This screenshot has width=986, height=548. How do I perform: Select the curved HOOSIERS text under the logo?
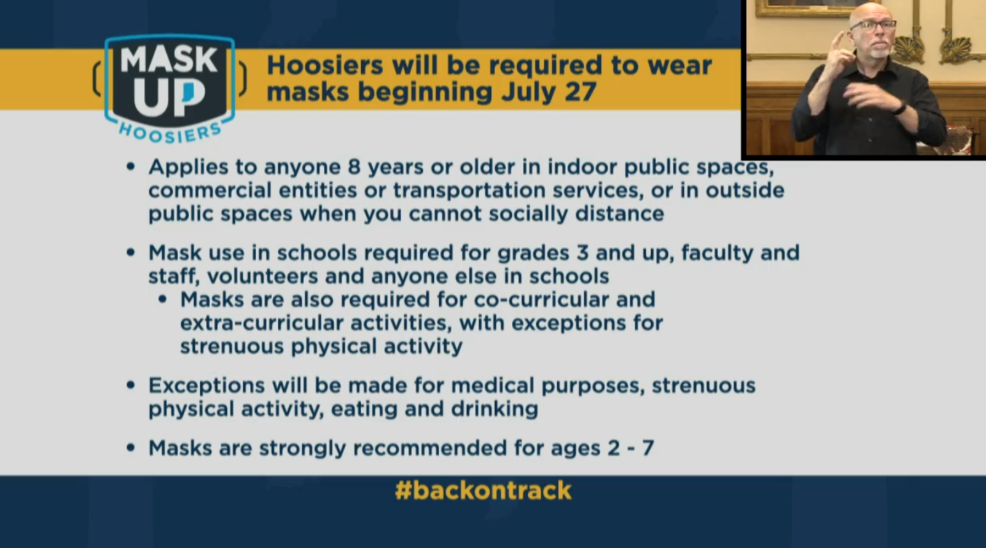169,133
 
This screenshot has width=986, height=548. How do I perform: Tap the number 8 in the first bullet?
354,167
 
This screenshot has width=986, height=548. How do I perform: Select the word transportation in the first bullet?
469,190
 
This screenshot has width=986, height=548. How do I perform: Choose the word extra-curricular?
261,323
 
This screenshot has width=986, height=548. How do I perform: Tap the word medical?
492,386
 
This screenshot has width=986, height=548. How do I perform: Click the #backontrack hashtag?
484,490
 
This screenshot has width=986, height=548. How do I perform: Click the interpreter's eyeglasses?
873,24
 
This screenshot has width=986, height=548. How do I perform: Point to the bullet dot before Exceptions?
130,386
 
